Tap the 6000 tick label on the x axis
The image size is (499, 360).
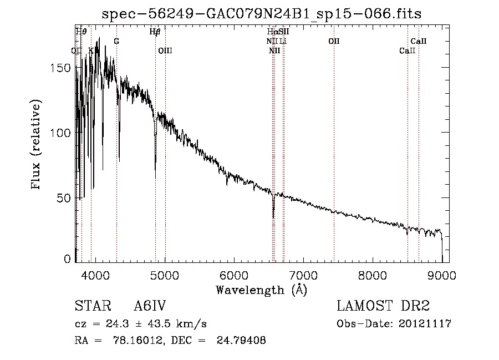coord(233,275)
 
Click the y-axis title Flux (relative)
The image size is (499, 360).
coord(37,145)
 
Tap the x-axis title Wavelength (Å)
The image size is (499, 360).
coord(261,290)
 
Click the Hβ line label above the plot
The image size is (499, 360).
coord(155,32)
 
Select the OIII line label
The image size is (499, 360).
coord(165,50)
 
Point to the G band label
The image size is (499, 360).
coord(116,42)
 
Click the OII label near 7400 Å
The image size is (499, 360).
coord(334,42)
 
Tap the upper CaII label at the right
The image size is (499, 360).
coord(419,42)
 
